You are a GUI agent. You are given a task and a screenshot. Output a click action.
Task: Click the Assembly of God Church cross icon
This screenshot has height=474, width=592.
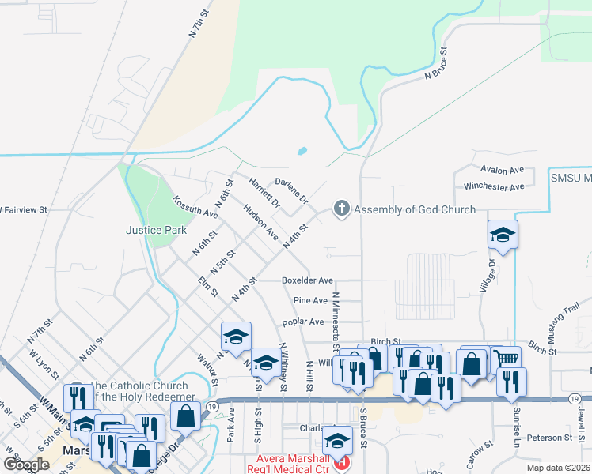342,209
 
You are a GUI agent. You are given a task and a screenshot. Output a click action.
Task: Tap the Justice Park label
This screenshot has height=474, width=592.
156,230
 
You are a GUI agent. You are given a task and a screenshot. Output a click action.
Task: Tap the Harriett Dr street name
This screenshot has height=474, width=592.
264,191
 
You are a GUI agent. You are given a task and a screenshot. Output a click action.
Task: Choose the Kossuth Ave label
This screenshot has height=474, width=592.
195,208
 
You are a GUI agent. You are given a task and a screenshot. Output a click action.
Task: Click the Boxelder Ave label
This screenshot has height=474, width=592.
307,280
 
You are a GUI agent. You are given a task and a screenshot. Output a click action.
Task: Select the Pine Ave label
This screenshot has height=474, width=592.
310,301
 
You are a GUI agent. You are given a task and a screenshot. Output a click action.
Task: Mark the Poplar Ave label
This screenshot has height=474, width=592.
304,322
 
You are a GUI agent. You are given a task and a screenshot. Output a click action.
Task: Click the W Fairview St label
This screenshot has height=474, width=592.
24,210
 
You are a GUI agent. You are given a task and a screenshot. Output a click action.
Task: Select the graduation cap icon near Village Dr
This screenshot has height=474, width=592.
502,234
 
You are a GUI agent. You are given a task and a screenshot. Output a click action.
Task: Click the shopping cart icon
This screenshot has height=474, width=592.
507,359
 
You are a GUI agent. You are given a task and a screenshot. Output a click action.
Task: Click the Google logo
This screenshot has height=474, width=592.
26,464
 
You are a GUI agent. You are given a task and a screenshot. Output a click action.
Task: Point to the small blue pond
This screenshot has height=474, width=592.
302,150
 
